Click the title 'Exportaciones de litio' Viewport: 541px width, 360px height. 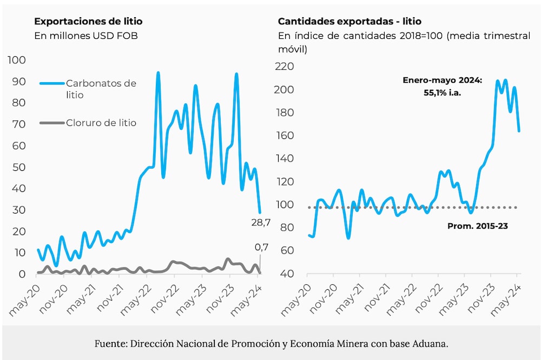click(x=88, y=22)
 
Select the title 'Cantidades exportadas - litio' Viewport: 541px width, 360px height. click(x=349, y=22)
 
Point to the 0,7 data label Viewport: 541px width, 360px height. click(x=261, y=248)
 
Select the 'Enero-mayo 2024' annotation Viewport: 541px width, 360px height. click(x=442, y=81)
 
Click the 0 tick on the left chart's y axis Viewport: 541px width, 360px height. click(x=22, y=274)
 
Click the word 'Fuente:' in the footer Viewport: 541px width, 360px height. click(x=109, y=343)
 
